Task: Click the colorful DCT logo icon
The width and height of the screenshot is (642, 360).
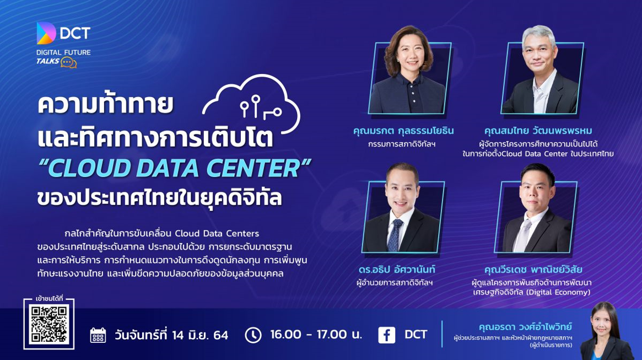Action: (x=46, y=33)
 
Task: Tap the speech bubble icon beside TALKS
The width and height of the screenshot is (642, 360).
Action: (x=68, y=62)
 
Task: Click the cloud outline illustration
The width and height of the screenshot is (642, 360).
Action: (x=251, y=104)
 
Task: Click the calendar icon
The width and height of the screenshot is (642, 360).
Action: (x=98, y=335)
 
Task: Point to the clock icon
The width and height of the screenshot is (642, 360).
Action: (x=253, y=335)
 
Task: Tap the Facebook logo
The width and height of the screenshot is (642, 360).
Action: (x=386, y=335)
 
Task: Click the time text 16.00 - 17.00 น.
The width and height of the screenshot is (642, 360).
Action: (x=316, y=335)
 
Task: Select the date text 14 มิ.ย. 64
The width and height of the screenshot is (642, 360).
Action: (x=200, y=335)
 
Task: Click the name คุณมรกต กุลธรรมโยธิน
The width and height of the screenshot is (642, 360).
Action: (x=403, y=131)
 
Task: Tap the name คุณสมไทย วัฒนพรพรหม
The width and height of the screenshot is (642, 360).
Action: (x=538, y=131)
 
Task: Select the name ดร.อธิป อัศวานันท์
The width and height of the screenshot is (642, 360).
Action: (x=396, y=270)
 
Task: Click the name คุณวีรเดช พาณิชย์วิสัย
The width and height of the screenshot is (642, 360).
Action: (x=533, y=270)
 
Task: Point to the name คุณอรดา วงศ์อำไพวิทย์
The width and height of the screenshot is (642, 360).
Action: (x=525, y=326)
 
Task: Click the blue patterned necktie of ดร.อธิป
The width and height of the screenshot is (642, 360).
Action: (x=394, y=235)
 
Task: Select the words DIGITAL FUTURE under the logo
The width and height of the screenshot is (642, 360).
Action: (x=63, y=52)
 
